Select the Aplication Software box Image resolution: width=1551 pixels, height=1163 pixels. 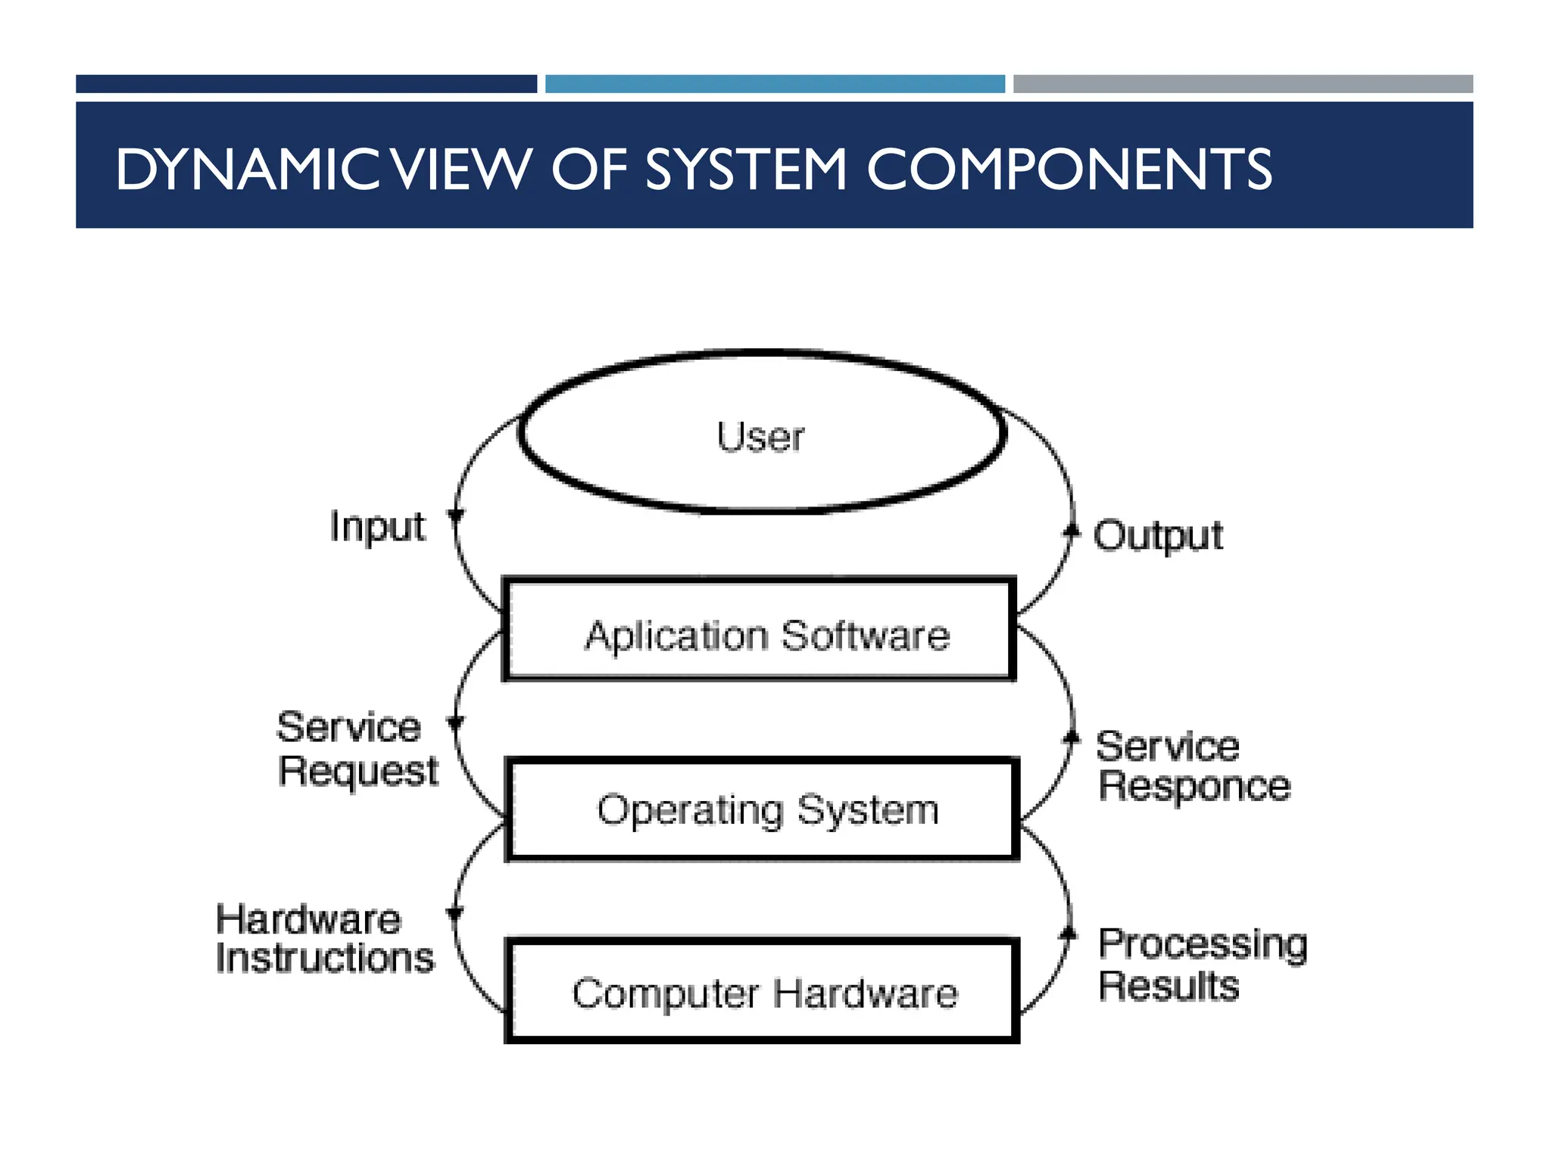point(760,630)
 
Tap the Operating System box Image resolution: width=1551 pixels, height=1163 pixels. point(762,809)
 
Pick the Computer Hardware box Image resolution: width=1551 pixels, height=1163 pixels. point(762,991)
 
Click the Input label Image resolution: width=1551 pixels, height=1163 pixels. point(377,526)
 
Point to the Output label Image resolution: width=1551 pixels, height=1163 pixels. point(1157,536)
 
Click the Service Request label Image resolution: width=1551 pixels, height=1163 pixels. point(357,749)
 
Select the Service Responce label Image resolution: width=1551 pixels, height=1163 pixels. point(1194,765)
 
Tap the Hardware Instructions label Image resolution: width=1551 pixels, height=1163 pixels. point(324,939)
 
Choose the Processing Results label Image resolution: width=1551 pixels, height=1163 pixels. point(1203,964)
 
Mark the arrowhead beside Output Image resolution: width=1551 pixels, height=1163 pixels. point(1071,530)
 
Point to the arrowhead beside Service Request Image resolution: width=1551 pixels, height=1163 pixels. point(455,723)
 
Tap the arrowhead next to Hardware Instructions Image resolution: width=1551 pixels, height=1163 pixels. point(454,913)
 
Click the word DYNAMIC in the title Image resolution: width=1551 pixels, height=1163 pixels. point(247,169)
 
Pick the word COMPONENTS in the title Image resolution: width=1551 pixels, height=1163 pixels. point(1069,169)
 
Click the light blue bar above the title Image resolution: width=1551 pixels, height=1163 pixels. point(775,83)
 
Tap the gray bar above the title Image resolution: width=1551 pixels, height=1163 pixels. point(1243,83)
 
